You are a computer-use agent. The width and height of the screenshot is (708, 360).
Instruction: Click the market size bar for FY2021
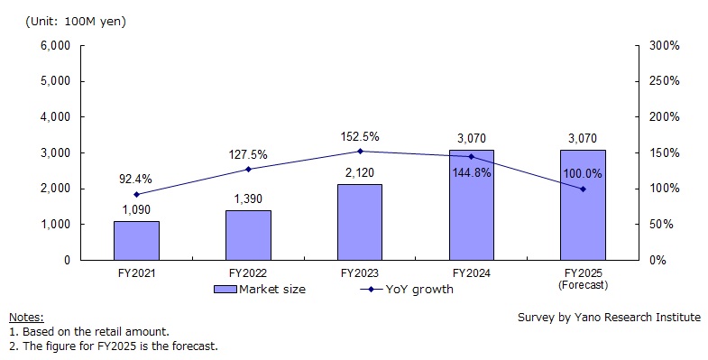coord(136,240)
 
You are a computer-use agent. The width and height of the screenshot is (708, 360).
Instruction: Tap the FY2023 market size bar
coord(360,222)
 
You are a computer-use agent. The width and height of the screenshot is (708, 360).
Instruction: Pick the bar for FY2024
coord(471,205)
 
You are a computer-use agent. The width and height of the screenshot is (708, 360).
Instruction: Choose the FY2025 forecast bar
coord(583,205)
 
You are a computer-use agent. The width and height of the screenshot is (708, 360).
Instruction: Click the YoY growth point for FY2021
coord(136,194)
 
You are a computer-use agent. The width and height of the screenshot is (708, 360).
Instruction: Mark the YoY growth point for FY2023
coord(360,152)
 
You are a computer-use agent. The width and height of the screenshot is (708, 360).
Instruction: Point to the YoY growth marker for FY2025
coord(583,189)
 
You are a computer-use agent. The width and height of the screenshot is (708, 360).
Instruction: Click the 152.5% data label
coord(360,137)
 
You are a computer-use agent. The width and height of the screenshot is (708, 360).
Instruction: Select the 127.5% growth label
coord(249,154)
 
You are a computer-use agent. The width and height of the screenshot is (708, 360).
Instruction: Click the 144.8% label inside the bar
coord(472,172)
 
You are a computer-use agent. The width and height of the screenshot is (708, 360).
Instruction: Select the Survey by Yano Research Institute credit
coord(609,318)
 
